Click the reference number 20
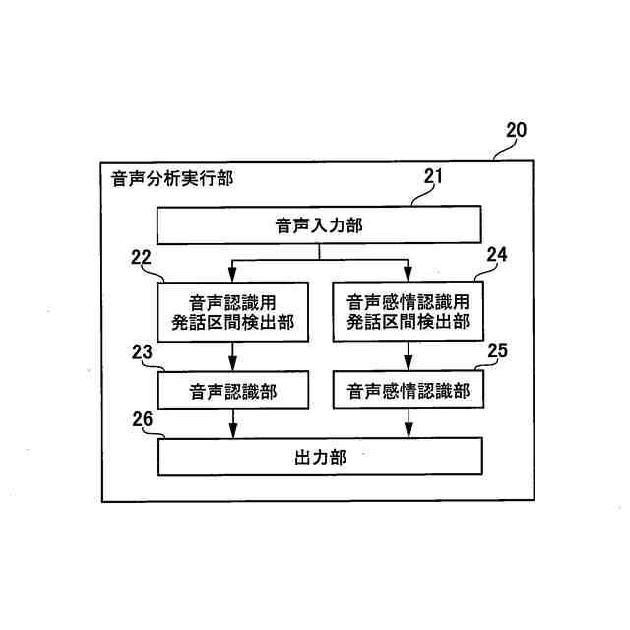[516, 130]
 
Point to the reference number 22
[141, 258]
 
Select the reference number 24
[497, 254]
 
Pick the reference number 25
[497, 348]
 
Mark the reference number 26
[143, 420]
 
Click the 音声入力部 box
[319, 225]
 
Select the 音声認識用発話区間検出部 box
[233, 311]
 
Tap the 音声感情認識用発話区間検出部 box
[408, 311]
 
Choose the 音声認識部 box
[233, 391]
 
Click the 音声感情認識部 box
[408, 391]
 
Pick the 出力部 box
[319, 457]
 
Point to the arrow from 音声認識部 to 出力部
[233, 423]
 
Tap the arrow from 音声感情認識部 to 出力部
[408, 423]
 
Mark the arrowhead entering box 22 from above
[233, 275]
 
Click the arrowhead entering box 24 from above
[408, 275]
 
